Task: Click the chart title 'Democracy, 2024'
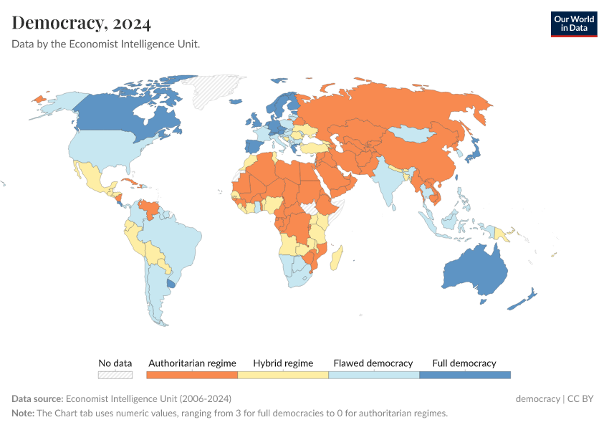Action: point(82,23)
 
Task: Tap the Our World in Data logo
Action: point(573,24)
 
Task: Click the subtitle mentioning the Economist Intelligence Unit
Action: point(105,44)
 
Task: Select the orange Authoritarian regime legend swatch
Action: point(191,374)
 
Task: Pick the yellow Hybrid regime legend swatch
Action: point(282,374)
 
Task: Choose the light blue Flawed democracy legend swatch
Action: point(373,374)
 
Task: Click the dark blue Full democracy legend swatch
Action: point(464,374)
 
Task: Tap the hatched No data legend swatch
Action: point(115,374)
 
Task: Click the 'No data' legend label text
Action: point(115,363)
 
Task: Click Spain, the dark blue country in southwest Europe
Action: point(253,147)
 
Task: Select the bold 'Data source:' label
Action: point(37,399)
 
